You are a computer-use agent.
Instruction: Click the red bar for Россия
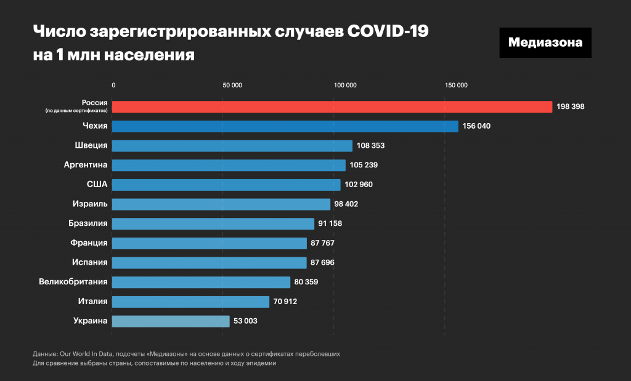pyautogui.click(x=332, y=107)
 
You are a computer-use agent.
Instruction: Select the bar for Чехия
pyautogui.click(x=285, y=126)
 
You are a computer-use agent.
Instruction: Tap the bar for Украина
pyautogui.click(x=171, y=321)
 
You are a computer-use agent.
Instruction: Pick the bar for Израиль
pyautogui.click(x=221, y=204)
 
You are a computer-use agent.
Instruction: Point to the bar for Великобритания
pyautogui.click(x=201, y=282)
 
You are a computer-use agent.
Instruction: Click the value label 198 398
pyautogui.click(x=569, y=107)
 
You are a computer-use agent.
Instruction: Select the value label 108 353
pyautogui.click(x=370, y=146)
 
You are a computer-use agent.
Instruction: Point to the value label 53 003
pyautogui.click(x=246, y=321)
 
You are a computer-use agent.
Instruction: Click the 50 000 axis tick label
pyautogui.click(x=232, y=86)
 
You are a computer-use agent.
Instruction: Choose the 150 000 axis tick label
pyautogui.click(x=456, y=86)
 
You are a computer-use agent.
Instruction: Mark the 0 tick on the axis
pyautogui.click(x=113, y=86)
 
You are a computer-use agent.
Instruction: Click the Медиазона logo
pyautogui.click(x=545, y=42)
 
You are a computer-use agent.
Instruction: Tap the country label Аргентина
pyautogui.click(x=86, y=165)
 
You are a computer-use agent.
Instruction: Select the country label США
pyautogui.click(x=97, y=184)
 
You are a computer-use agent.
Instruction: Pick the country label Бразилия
pyautogui.click(x=88, y=223)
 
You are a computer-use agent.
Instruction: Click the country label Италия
pyautogui.click(x=93, y=301)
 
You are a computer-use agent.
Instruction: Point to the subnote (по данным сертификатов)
pyautogui.click(x=77, y=111)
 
